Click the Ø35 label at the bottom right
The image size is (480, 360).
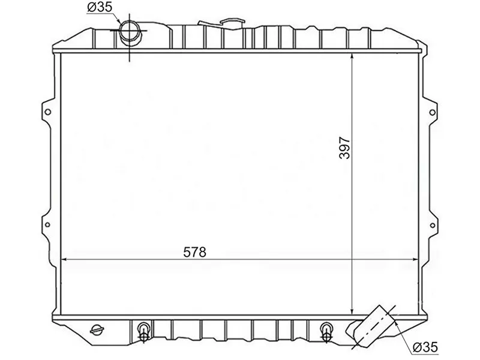pos(426,346)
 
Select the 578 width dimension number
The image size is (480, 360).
pos(194,253)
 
